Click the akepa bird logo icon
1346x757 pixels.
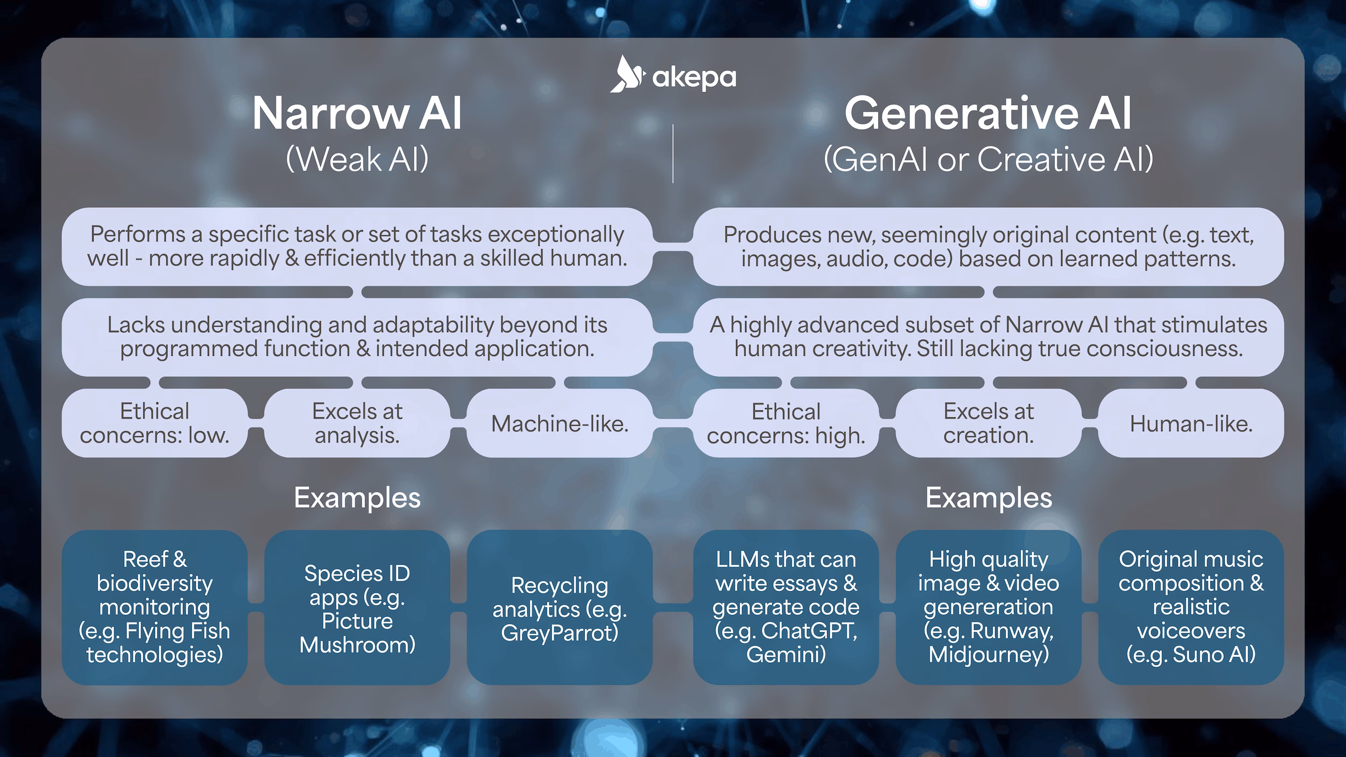coord(627,75)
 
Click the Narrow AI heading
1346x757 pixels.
coord(357,114)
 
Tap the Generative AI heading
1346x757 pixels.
coord(988,114)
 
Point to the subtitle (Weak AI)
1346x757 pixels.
coord(357,159)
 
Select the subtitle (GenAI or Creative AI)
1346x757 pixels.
coord(988,159)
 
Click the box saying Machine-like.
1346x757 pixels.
coord(559,424)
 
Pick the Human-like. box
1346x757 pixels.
coord(1191,424)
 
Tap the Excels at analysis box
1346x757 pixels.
coord(357,424)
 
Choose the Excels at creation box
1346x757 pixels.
coord(989,424)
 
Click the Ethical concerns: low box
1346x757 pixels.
coord(155,424)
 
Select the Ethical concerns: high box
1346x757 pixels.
coord(786,424)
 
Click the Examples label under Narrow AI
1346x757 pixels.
coord(357,498)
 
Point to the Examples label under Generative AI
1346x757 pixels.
coord(989,498)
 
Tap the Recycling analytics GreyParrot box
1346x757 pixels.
coord(559,608)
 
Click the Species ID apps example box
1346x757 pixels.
coord(357,608)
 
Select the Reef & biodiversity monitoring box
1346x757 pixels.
coord(155,608)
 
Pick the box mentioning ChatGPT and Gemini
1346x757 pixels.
coord(786,608)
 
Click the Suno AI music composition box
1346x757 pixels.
coord(1191,608)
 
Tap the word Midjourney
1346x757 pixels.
coord(989,655)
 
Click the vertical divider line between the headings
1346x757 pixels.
coord(673,154)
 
